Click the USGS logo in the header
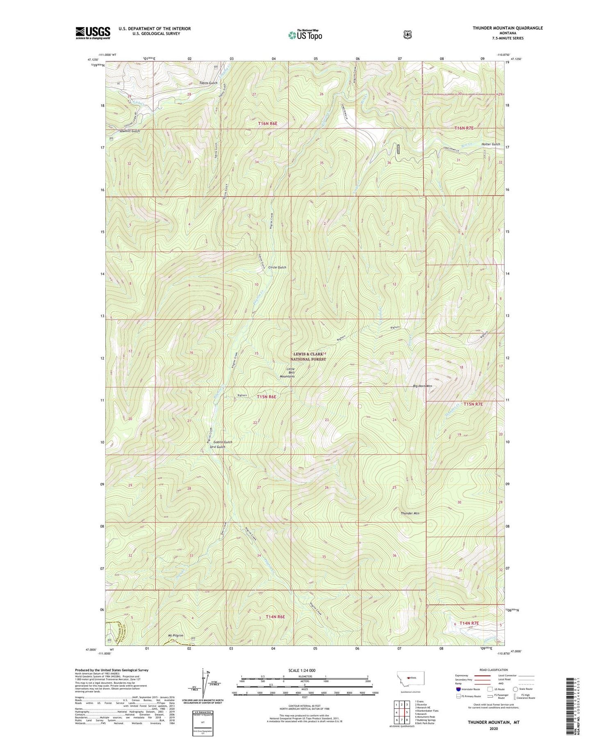pos(93,33)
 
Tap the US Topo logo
pos(305,35)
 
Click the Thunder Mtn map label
pos(410,513)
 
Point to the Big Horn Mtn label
pos(422,386)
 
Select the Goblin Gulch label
pos(223,442)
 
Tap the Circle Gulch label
pos(277,267)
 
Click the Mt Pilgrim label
pos(175,636)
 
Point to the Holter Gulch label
pos(491,144)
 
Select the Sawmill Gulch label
pos(130,131)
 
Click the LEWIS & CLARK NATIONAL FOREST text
pos(309,356)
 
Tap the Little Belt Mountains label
pos(287,373)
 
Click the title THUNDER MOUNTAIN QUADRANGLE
pos(507,28)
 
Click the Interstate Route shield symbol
pos(458,689)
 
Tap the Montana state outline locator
pos(410,678)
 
